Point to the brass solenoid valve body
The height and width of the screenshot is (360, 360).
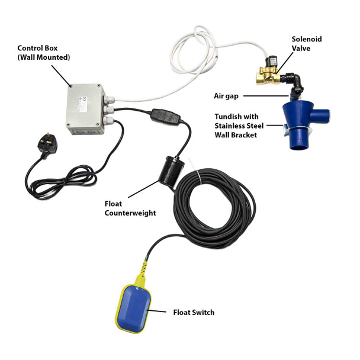click(x=265, y=76)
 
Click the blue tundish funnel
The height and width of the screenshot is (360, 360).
click(x=297, y=116)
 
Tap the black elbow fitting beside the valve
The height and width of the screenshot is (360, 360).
click(x=294, y=79)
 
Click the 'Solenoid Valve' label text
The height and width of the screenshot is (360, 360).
click(x=307, y=44)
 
